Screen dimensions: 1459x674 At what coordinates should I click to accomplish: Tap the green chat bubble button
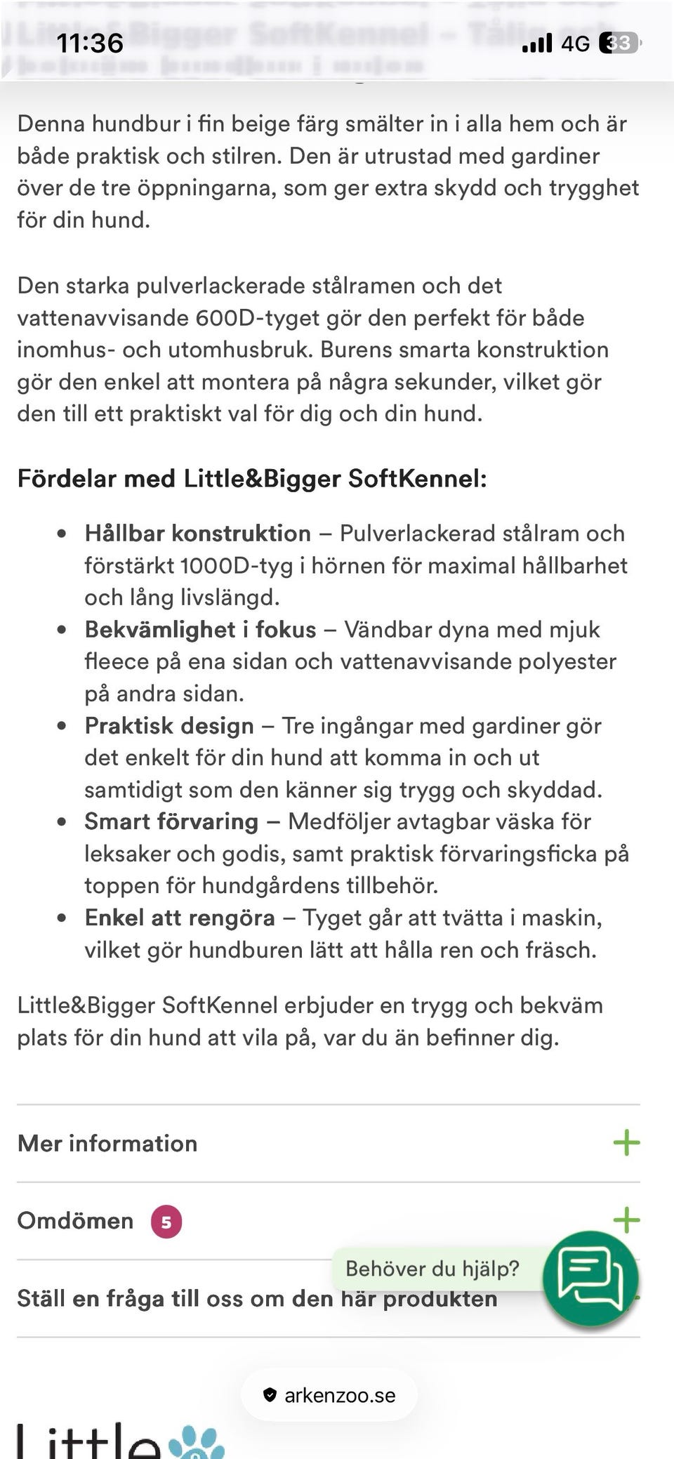(x=590, y=1278)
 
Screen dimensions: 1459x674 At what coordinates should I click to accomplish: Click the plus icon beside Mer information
(x=626, y=1143)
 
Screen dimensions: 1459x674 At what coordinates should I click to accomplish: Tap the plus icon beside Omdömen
(x=626, y=1220)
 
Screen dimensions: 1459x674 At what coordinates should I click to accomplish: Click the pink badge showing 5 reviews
(x=166, y=1222)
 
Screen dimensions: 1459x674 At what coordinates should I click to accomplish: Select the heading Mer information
(x=107, y=1143)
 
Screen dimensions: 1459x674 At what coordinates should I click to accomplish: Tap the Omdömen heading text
(x=75, y=1221)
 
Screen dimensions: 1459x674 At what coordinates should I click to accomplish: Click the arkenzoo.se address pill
(x=329, y=1395)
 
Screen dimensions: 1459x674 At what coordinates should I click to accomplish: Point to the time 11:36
(x=90, y=44)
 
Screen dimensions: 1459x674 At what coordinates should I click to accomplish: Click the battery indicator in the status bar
(x=619, y=44)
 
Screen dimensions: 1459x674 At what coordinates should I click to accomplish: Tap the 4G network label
(x=575, y=44)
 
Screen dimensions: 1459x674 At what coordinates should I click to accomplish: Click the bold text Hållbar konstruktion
(x=197, y=534)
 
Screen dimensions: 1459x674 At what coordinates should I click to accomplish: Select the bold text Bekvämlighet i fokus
(x=200, y=630)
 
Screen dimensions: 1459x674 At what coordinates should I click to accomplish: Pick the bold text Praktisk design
(x=169, y=726)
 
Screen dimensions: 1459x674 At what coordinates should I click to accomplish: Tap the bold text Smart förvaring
(x=171, y=821)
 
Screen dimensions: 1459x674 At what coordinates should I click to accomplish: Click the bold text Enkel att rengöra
(x=180, y=918)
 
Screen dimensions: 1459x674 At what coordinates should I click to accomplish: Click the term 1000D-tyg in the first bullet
(x=236, y=566)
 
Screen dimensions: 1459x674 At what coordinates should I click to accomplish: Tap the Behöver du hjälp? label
(x=432, y=1269)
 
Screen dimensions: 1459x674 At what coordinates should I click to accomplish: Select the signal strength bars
(x=537, y=44)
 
